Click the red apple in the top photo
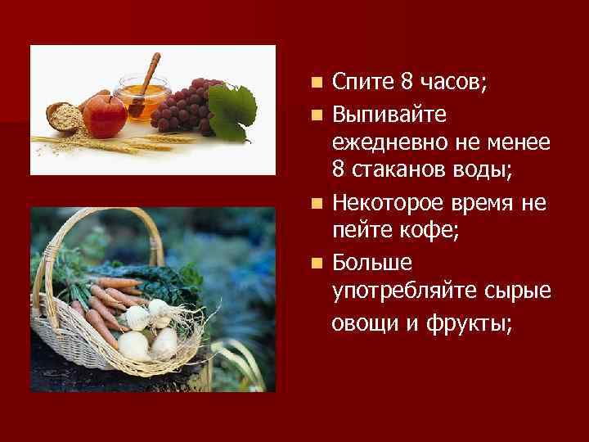click(104, 115)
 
